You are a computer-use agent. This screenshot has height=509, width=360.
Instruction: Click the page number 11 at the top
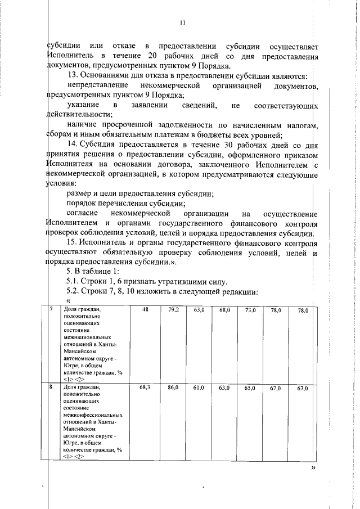(x=182, y=22)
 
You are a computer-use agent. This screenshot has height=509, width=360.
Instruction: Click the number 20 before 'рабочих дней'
(x=151, y=56)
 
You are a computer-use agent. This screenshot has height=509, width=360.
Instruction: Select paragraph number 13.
(x=71, y=75)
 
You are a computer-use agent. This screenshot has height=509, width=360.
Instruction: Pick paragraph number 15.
(x=71, y=243)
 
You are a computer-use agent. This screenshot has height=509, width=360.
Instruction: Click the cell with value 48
(x=145, y=310)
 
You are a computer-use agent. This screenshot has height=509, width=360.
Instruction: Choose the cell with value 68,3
(x=145, y=388)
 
